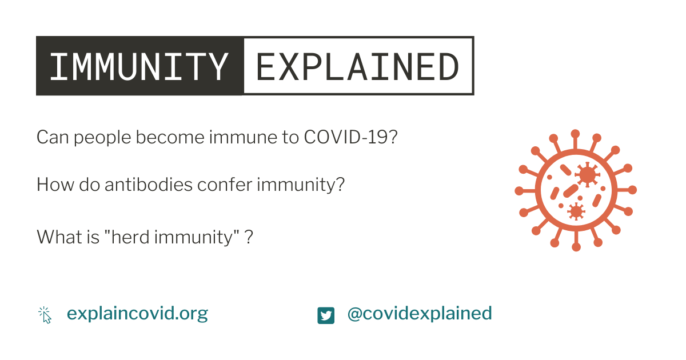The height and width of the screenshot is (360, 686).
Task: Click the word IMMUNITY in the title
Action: coord(139,66)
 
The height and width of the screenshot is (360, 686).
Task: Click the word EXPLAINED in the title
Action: coord(357,66)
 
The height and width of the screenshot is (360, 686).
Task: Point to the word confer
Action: coord(225,185)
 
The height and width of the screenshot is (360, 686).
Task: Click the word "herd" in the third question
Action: coord(126,237)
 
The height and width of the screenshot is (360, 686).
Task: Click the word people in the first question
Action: coord(102,138)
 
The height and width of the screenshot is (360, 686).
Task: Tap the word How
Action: coord(55,185)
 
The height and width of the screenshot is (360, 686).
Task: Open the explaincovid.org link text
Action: coord(137,314)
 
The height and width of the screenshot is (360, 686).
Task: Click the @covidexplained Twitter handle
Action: coord(420,314)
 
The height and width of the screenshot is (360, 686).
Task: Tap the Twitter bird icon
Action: coord(326,315)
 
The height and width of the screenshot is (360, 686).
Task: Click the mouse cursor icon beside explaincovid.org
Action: coord(45,315)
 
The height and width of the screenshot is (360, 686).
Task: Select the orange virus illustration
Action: coord(576,190)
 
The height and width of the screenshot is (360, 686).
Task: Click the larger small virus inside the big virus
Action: coord(587,175)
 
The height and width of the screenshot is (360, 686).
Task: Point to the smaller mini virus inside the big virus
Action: coord(576,211)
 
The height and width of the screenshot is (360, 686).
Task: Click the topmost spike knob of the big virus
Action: coord(576,134)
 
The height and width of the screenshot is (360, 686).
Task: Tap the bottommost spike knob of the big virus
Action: coord(576,247)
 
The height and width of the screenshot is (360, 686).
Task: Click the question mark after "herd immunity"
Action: coord(249,237)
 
